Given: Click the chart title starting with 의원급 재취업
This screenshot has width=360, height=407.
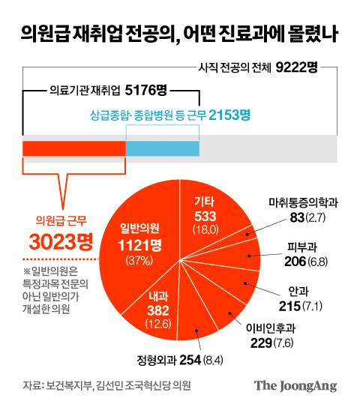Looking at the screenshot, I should [x=179, y=34].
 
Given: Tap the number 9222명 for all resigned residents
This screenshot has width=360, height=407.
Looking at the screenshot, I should [x=296, y=67].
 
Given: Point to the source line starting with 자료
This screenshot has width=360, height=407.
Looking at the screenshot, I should [x=106, y=386].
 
